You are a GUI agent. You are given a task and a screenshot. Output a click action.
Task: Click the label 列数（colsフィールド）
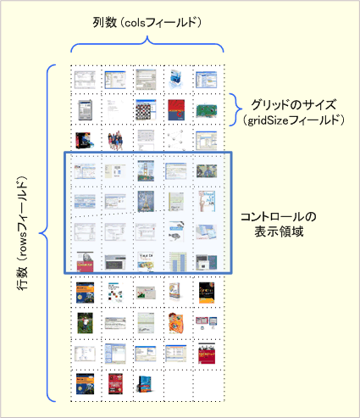pos(147,23)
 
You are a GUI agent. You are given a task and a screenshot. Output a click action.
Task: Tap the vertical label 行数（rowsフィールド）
pos(23,233)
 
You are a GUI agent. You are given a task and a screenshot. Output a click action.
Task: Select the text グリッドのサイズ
pos(294,105)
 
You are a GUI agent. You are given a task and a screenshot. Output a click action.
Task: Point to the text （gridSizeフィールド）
pos(294,120)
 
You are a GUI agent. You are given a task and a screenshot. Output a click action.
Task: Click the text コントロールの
pos(279,217)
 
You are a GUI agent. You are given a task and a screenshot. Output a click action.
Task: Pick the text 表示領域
pos(279,231)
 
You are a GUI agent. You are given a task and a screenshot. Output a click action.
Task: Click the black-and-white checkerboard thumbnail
pos(146,109)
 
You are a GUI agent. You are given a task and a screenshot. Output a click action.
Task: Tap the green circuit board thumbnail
pos(207,110)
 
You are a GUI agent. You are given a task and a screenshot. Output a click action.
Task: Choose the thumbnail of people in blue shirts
pos(115,140)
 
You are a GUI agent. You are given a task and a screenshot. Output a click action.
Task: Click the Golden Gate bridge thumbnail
pos(146,170)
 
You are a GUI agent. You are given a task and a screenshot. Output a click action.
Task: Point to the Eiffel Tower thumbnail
pos(146,202)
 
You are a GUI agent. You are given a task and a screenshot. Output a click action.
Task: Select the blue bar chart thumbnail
pos(178,262)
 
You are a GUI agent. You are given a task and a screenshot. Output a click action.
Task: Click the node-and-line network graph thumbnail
pos(176,140)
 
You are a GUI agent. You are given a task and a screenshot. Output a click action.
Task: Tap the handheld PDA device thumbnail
pos(85,109)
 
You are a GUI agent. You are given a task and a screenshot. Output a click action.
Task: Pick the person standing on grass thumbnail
pos(85,323)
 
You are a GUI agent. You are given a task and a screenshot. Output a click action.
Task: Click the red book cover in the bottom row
pos(115,384)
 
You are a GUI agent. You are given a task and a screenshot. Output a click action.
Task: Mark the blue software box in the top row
pos(176,79)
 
